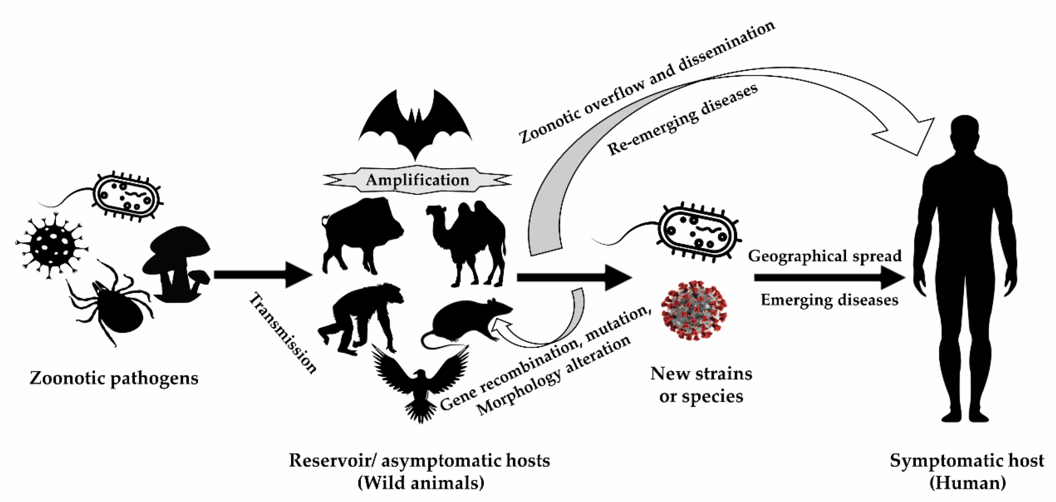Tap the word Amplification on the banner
pyautogui.click(x=417, y=180)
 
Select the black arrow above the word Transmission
pyautogui.click(x=264, y=275)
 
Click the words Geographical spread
pyautogui.click(x=825, y=256)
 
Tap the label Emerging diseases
pyautogui.click(x=829, y=300)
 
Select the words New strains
pyautogui.click(x=701, y=374)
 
